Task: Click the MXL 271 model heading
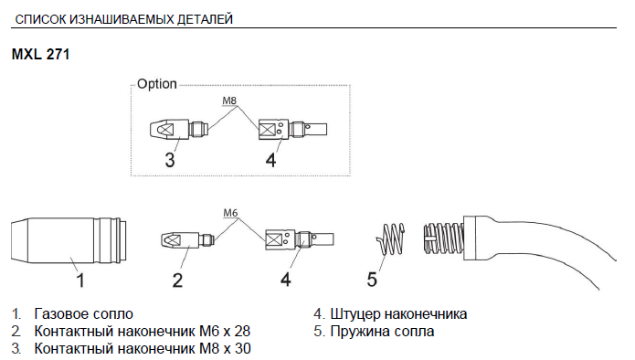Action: coord(40,54)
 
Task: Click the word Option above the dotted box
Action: coord(157,84)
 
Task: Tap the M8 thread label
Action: coord(229,101)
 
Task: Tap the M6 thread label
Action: coord(230,213)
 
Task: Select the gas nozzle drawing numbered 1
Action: coord(69,240)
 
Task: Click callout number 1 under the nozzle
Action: coord(80,281)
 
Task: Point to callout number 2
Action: coord(177,281)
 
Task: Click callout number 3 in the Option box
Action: coord(170,160)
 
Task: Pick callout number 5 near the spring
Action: coord(372,280)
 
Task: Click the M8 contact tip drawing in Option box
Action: coord(178,130)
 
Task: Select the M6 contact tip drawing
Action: coord(186,240)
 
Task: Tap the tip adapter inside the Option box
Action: coord(292,130)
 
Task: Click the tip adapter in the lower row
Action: coord(300,239)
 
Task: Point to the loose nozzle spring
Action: coord(390,239)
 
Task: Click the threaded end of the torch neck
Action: coord(443,238)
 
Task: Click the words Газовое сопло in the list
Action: coord(84,313)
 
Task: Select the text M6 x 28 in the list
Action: coord(225,332)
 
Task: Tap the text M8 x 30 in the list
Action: coord(225,348)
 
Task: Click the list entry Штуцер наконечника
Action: coord(398,313)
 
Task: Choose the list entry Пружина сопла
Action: coord(382,332)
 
